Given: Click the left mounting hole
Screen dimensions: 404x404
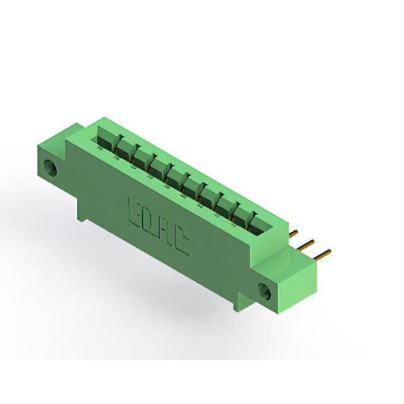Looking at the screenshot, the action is coord(50,168).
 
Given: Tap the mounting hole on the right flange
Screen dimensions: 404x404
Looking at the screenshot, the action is coord(265,291).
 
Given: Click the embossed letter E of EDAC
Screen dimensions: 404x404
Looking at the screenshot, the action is coord(133,211).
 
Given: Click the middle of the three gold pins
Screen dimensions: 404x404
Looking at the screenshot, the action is coord(306,245).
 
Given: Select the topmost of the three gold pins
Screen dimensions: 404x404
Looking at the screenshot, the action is coord(293,234).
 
